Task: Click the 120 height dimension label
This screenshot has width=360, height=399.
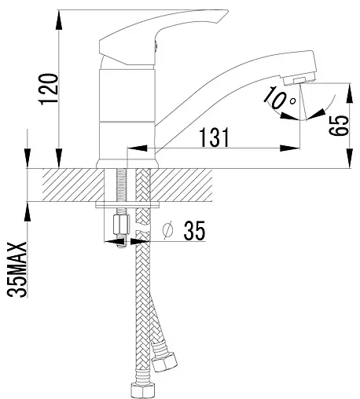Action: [x=48, y=90]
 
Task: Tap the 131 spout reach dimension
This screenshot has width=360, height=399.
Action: [x=215, y=137]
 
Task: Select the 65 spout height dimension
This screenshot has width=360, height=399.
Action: [x=339, y=126]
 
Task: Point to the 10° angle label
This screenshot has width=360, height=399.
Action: [x=279, y=97]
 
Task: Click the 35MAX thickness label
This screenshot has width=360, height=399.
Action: [x=17, y=269]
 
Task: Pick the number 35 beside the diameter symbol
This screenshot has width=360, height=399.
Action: [x=194, y=230]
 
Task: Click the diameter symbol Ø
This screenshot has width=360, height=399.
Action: [x=167, y=230]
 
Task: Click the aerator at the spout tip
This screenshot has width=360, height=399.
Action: [x=299, y=79]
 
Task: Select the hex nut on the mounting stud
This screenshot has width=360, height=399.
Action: [x=121, y=225]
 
